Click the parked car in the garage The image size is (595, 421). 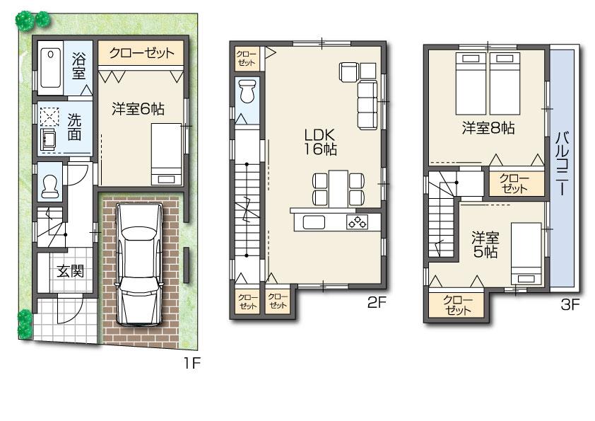(142, 262)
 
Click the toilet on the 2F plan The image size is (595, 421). (247, 93)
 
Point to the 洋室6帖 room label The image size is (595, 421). (139, 109)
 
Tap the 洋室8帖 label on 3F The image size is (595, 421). (488, 128)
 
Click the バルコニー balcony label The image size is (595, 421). (563, 163)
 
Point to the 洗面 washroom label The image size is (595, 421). (74, 126)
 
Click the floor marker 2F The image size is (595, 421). (375, 304)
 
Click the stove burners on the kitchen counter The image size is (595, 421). (357, 222)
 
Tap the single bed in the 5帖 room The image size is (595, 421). (525, 255)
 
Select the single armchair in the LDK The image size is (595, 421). (350, 71)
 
